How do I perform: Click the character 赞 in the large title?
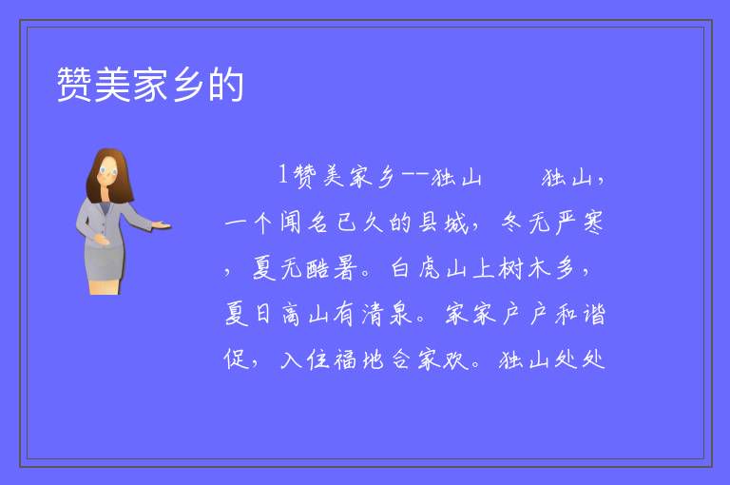point(74,85)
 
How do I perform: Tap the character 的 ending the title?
point(226,85)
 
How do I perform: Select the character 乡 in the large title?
point(188,85)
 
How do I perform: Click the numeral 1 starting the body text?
point(283,175)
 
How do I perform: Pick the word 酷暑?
point(332,268)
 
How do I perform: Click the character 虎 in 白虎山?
point(429,268)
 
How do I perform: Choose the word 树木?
point(525,268)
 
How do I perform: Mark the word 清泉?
point(388,314)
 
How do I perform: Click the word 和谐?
point(580,314)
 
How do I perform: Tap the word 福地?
point(359,359)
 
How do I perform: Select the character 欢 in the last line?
point(455,359)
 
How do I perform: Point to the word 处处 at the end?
point(580,359)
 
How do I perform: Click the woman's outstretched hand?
point(162,225)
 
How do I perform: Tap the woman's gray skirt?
point(105,263)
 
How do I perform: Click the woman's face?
point(107,171)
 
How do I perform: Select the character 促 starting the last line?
point(236,359)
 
